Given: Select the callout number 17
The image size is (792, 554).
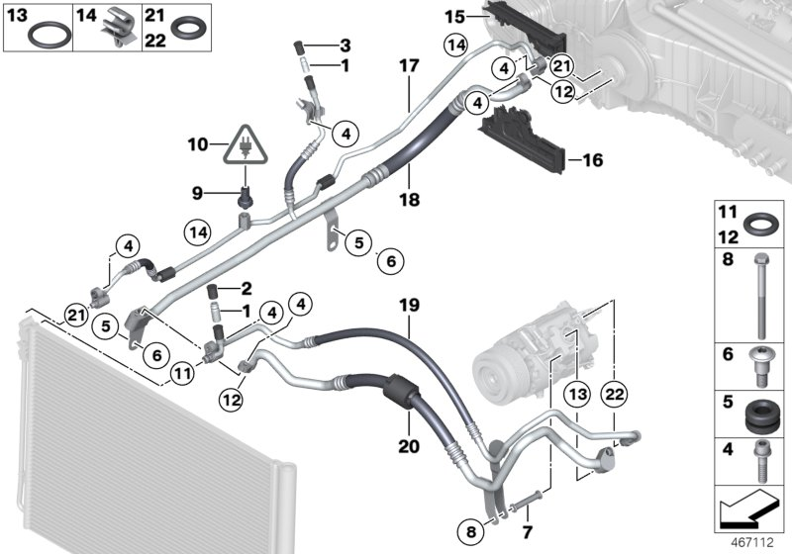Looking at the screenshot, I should [x=410, y=67].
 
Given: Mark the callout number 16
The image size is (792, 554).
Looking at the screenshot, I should [x=592, y=159].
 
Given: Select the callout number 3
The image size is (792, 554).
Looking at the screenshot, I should [x=345, y=46].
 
